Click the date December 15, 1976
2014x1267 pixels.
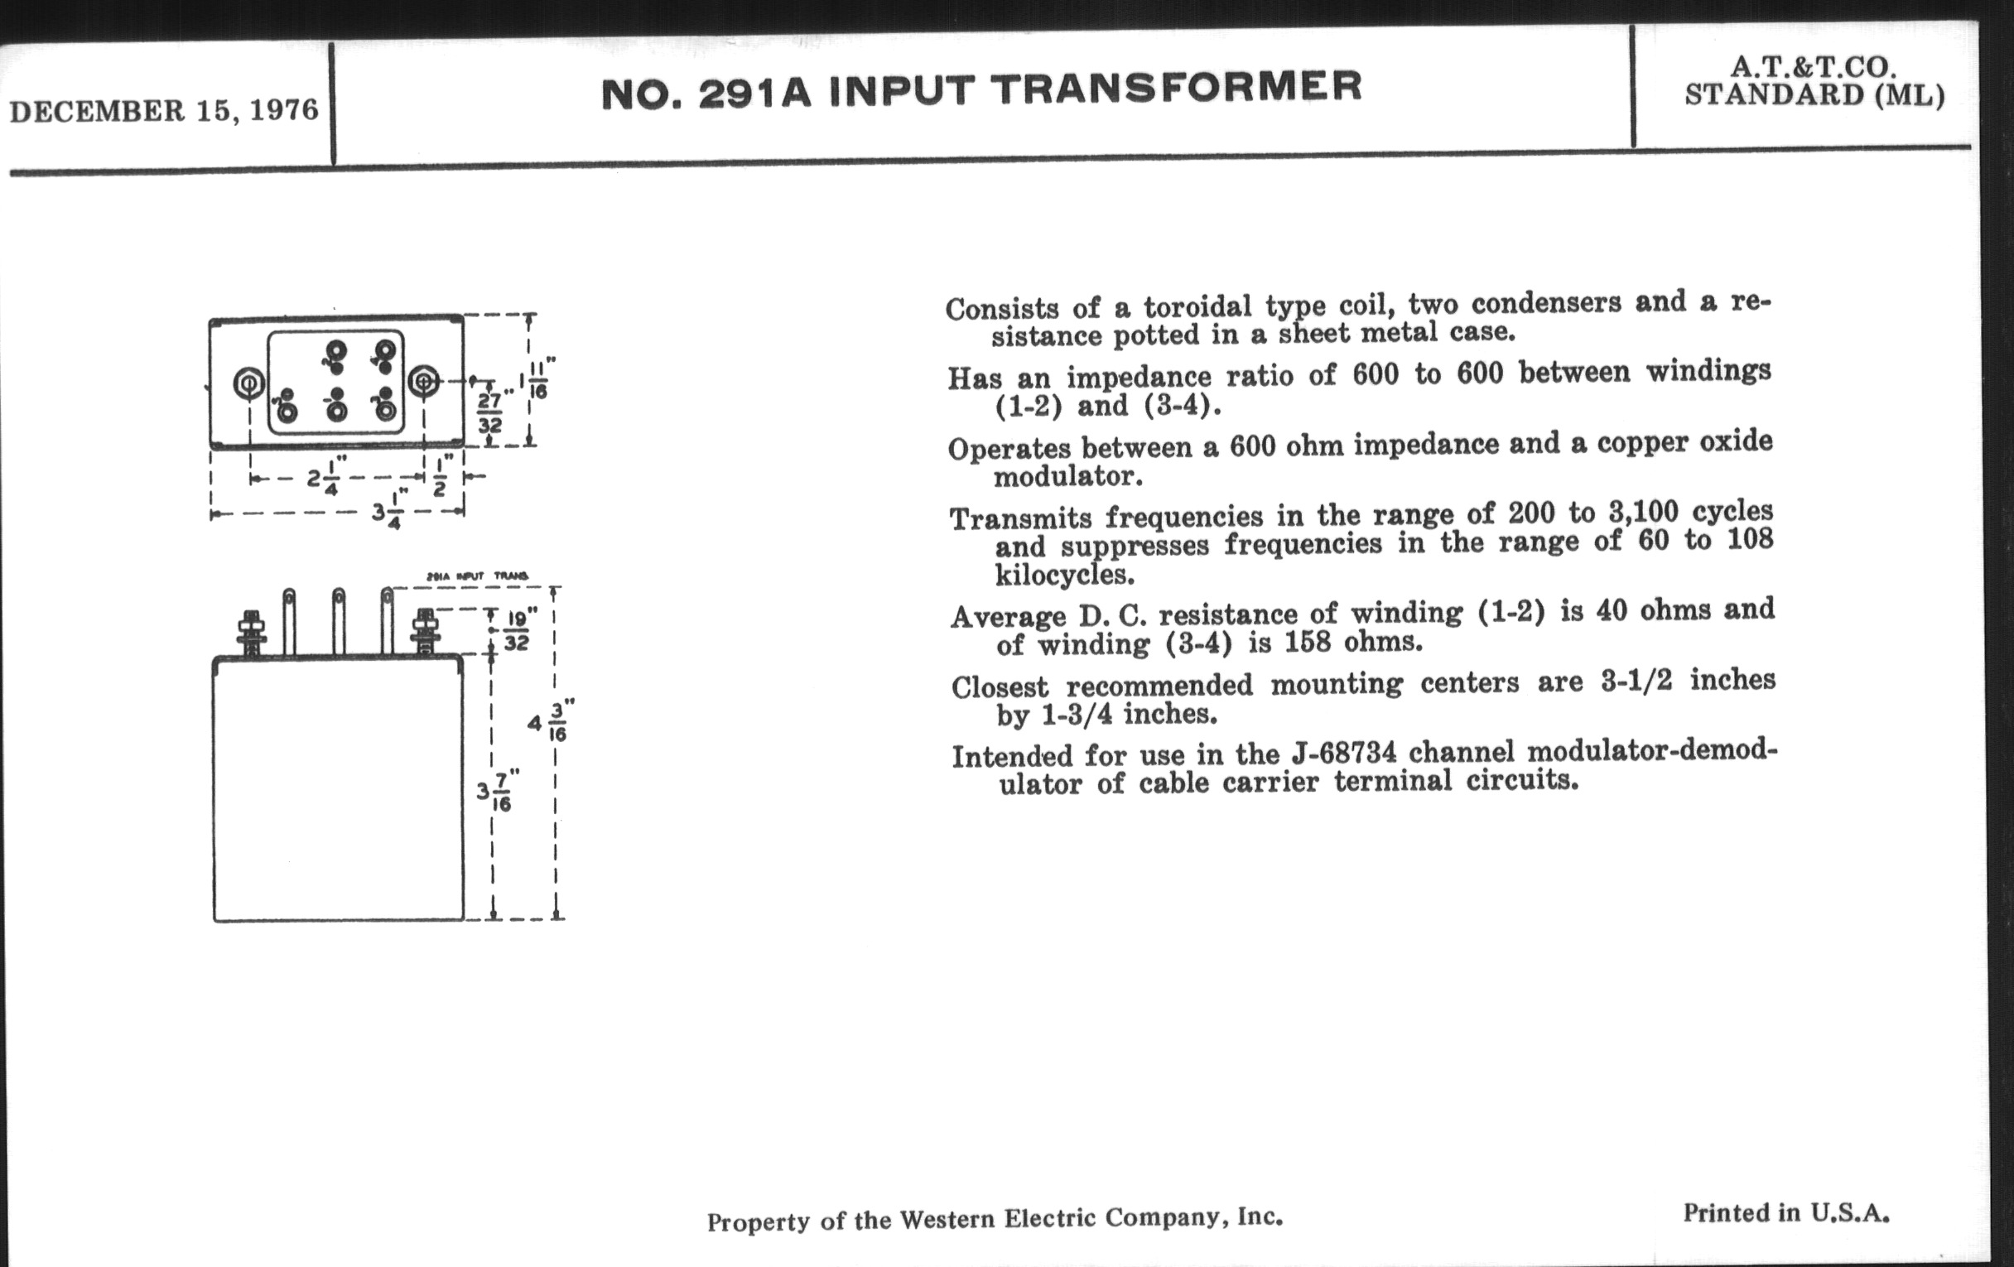(164, 110)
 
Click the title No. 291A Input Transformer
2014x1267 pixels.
(981, 90)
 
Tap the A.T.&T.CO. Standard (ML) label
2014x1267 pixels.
(1814, 81)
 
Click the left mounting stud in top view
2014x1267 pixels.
(249, 384)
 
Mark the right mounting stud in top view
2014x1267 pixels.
(424, 383)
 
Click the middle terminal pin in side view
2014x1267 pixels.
(339, 621)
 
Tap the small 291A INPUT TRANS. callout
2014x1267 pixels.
(478, 576)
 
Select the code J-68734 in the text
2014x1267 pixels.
(1342, 753)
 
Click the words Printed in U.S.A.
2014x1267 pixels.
(1786, 1212)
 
